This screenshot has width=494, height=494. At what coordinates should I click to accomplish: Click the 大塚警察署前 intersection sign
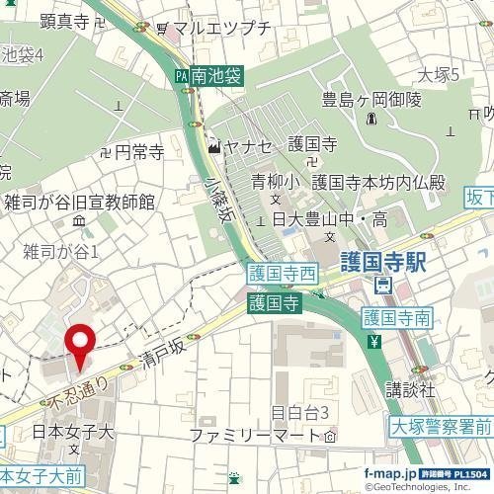[440, 428]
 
